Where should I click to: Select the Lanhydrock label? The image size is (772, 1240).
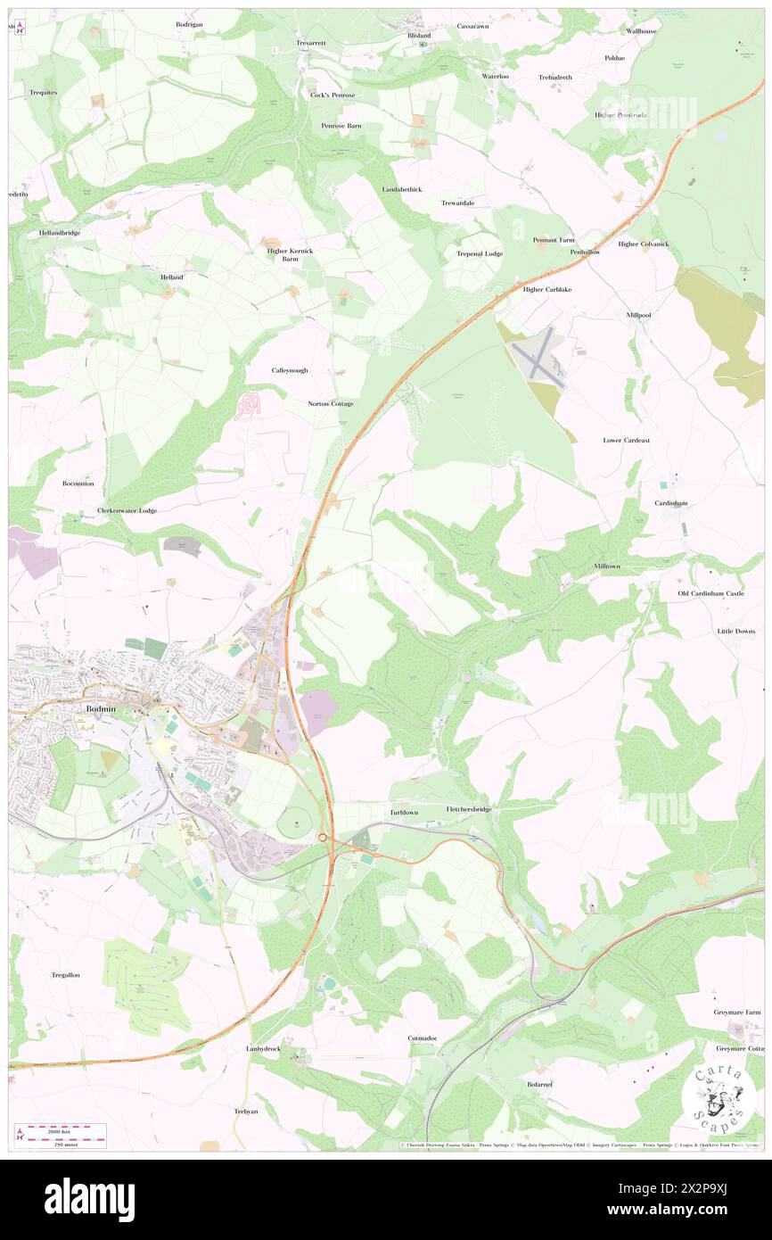263,1049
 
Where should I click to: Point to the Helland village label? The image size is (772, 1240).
171,277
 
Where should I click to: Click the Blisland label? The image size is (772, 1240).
419,36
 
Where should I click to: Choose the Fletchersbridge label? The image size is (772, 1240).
469,809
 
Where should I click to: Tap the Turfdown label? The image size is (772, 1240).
403,813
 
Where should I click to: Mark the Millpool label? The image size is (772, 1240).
638,315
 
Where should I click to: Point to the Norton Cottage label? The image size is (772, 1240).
330,404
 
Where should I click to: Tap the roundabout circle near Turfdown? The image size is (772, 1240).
322,837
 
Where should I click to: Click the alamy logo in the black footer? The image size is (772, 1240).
89,1199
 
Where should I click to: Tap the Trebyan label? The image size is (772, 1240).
245,1112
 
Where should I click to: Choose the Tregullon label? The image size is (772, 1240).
64,975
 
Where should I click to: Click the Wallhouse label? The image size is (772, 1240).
641,31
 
